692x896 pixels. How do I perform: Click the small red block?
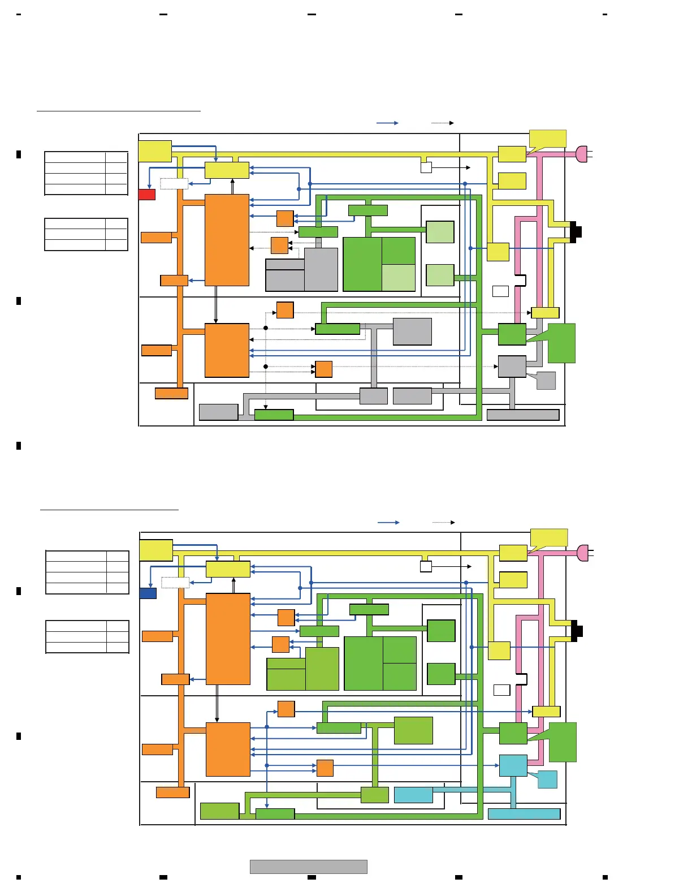(x=147, y=195)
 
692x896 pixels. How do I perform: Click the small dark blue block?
(x=148, y=593)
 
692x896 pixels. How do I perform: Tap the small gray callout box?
(x=546, y=381)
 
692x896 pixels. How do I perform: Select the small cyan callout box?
(x=547, y=779)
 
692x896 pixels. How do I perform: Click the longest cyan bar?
(x=524, y=814)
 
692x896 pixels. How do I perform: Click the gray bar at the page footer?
(x=309, y=867)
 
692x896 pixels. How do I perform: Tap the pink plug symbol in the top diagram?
(x=582, y=154)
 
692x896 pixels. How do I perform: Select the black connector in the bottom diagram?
(x=577, y=631)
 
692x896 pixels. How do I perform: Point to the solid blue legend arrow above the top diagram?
(x=387, y=123)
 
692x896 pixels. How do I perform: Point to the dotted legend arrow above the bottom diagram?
(x=443, y=522)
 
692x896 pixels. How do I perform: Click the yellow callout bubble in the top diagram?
(x=548, y=139)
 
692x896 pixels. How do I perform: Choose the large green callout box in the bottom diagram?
(x=563, y=742)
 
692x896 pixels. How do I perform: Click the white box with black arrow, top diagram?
(x=426, y=167)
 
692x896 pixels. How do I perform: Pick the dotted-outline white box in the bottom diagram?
(x=175, y=582)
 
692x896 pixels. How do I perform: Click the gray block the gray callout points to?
(x=512, y=367)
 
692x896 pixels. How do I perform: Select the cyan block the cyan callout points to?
(x=513, y=765)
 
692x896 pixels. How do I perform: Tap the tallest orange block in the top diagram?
(x=227, y=240)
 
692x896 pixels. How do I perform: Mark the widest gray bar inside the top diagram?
(x=523, y=415)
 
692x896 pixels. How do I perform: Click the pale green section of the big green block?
(x=399, y=278)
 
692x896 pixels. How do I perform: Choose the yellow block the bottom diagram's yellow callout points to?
(x=513, y=553)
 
